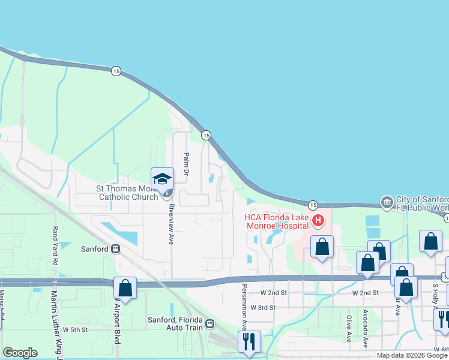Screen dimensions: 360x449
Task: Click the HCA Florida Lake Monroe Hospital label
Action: tap(276, 221)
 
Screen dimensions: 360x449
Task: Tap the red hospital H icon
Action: tap(318, 221)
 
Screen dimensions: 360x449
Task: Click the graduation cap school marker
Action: tap(162, 179)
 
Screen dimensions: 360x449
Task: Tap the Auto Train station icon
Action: tap(209, 324)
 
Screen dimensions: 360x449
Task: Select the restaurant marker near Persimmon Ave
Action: tap(249, 342)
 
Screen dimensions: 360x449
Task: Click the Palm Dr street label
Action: tap(186, 164)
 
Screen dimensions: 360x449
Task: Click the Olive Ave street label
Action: tap(349, 328)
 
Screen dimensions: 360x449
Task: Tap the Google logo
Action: tap(20, 353)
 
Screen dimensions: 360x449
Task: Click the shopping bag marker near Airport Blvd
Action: tap(125, 288)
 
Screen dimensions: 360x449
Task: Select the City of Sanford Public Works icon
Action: tap(386, 200)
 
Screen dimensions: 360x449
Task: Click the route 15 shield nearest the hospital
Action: tap(312, 205)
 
